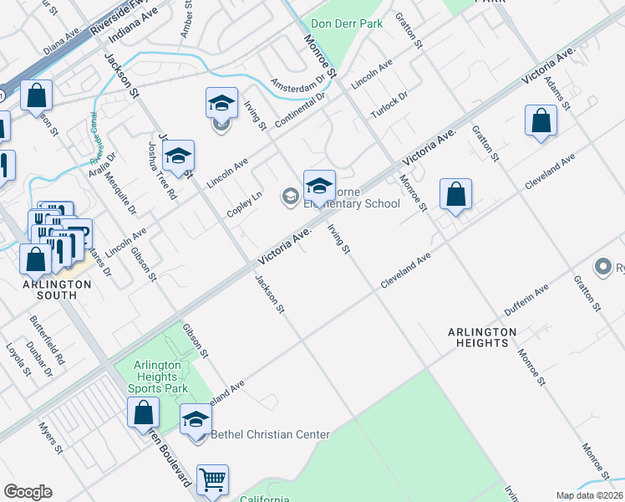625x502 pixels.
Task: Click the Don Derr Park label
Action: (347, 23)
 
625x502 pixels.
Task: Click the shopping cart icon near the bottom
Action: (213, 480)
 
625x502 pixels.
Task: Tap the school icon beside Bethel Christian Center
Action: (196, 418)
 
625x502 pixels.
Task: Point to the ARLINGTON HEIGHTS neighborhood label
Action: (482, 338)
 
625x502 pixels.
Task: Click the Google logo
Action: (28, 492)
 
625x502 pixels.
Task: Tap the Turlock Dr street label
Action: (389, 105)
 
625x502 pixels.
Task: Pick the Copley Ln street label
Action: (245, 204)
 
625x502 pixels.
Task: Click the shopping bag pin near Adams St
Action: (541, 120)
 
